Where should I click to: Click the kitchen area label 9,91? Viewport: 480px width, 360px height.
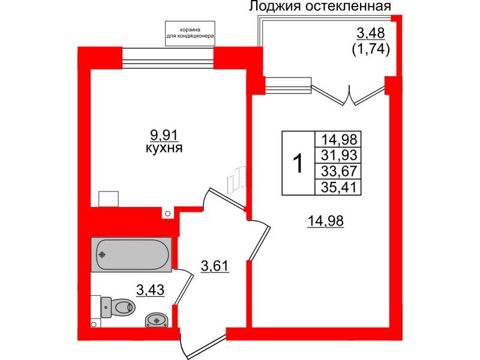tap(164, 134)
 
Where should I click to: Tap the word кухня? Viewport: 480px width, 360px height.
tap(164, 148)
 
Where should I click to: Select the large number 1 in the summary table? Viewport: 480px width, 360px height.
tap(297, 163)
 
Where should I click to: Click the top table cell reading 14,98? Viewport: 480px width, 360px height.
tap(338, 140)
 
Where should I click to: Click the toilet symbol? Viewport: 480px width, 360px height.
tap(119, 307)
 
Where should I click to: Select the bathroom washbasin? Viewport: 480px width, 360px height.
tap(156, 320)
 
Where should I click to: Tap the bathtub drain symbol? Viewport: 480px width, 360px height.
tap(103, 254)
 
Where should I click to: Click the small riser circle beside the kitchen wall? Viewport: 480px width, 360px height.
tap(168, 213)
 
